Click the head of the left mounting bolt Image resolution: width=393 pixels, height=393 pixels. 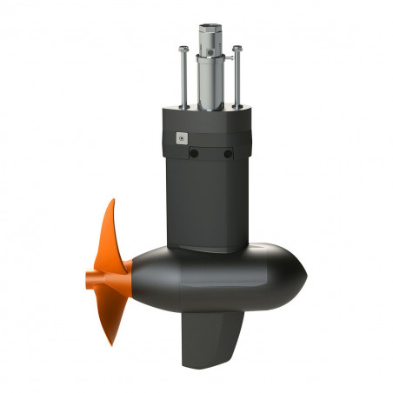[183, 49]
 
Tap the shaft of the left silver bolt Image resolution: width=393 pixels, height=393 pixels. [183, 78]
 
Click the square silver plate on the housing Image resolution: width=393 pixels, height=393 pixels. [181, 137]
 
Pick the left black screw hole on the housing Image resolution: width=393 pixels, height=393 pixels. [194, 154]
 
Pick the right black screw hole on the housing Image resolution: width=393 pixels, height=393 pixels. [228, 154]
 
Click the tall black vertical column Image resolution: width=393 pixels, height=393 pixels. [207, 200]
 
